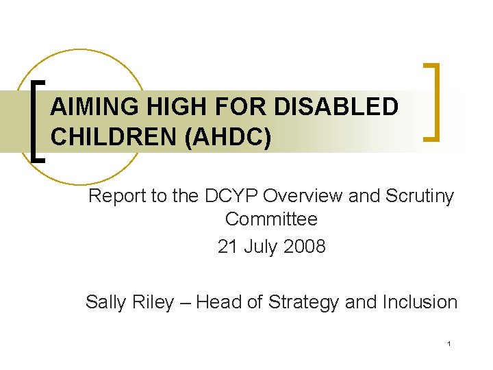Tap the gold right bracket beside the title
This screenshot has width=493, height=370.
click(x=432, y=102)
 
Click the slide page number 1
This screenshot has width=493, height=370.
click(x=448, y=343)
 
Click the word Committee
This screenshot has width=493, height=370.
click(x=271, y=220)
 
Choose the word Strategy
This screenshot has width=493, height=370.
click(x=305, y=302)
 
